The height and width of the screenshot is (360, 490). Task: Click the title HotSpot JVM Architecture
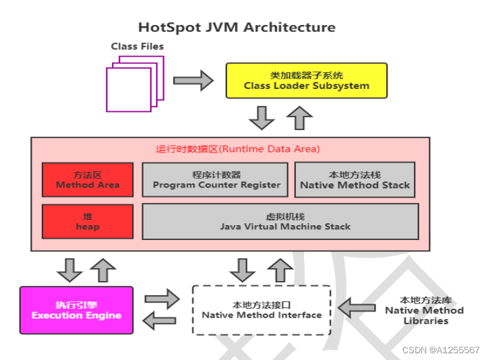click(237, 28)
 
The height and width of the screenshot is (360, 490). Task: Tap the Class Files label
click(137, 47)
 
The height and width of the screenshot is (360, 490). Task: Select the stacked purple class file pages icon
click(133, 82)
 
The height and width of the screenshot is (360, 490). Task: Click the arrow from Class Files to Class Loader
click(193, 80)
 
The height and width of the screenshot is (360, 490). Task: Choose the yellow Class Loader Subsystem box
click(306, 81)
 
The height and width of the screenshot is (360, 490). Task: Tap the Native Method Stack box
click(355, 180)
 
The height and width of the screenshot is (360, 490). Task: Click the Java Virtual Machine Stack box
click(280, 222)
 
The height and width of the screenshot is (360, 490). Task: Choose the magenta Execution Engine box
click(76, 311)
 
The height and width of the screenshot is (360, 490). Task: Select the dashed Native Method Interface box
click(262, 310)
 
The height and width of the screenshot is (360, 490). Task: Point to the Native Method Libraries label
click(424, 310)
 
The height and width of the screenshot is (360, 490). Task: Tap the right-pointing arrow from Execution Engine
click(162, 297)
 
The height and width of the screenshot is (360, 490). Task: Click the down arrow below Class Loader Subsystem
click(261, 118)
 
